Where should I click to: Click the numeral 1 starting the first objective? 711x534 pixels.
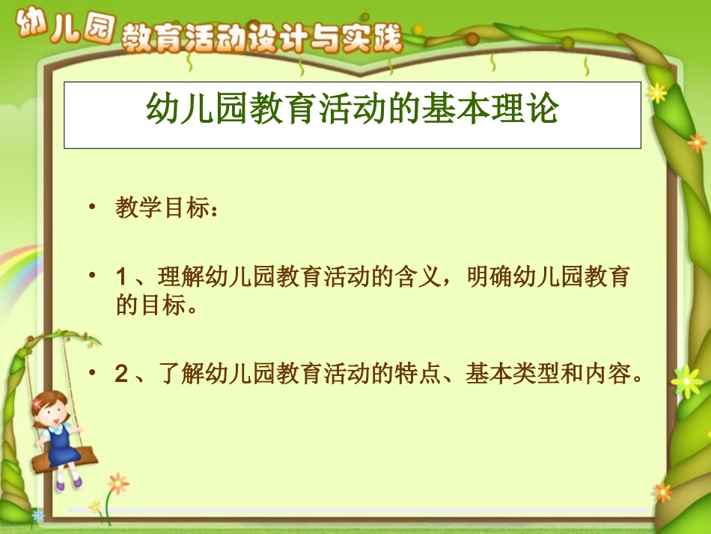[x=120, y=277]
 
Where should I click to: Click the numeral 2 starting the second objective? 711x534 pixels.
[x=120, y=374]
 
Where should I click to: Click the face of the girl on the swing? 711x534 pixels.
[x=49, y=409]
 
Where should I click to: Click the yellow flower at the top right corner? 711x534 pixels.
[x=657, y=92]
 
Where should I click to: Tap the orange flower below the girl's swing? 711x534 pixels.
[x=117, y=483]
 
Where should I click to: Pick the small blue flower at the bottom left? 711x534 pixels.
[x=37, y=516]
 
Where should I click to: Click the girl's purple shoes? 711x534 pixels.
[x=69, y=484]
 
